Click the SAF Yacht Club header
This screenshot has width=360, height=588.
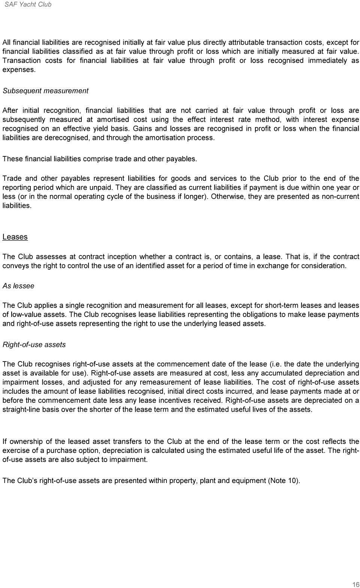[x=28, y=4]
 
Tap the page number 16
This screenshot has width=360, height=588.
[x=355, y=584]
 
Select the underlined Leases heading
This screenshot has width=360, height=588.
[x=15, y=237]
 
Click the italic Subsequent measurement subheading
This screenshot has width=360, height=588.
[x=45, y=91]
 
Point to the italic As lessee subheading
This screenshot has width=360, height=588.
[x=18, y=286]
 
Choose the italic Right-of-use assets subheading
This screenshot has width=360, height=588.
[x=34, y=345]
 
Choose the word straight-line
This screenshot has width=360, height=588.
[x=19, y=409]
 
